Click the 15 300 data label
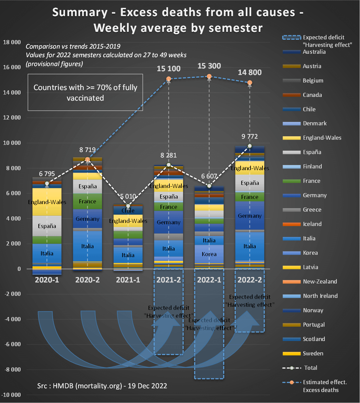tap(209, 66)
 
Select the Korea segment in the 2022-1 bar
tap(209, 254)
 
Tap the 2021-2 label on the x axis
tap(169, 279)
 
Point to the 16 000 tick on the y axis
tap(11, 67)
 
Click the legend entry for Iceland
tap(312, 224)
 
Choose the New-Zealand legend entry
tap(320, 281)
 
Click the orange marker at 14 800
tap(250, 83)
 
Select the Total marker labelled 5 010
tap(128, 206)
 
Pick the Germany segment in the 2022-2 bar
tap(250, 216)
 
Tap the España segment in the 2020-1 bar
tap(47, 226)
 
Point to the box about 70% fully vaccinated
tap(85, 92)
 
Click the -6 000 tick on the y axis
tap(11, 344)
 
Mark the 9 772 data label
tap(250, 137)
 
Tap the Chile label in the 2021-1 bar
tap(128, 211)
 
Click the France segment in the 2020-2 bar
tap(88, 201)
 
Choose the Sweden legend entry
tap(313, 353)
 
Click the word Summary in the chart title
tap(79, 12)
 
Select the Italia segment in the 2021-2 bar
tap(169, 249)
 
